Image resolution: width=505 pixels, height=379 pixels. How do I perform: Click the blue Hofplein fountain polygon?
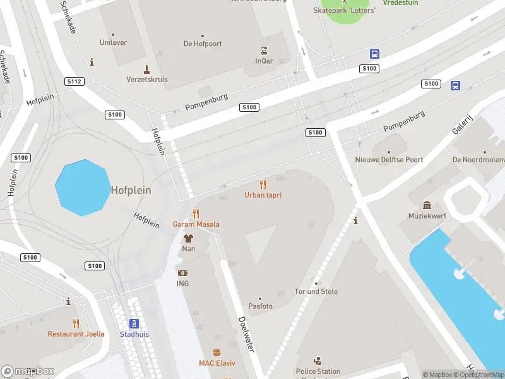tap(83, 188)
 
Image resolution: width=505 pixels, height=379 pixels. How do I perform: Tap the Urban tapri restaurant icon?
tap(263, 184)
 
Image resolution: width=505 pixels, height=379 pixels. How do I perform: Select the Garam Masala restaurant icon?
tap(196, 214)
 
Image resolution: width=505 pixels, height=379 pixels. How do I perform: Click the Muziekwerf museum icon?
tap(427, 205)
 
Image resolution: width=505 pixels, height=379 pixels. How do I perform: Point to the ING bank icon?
tap(182, 273)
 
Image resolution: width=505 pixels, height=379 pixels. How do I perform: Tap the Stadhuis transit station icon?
tap(134, 323)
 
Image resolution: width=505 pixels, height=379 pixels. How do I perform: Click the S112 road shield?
tap(74, 81)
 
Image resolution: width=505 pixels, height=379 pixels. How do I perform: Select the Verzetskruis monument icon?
tap(146, 69)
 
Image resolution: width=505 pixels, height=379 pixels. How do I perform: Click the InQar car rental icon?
tap(264, 51)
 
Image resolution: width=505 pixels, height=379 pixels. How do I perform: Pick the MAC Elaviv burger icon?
tap(217, 352)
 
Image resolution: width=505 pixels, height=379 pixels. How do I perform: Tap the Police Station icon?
tap(318, 361)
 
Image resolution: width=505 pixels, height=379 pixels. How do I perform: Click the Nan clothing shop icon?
tap(188, 238)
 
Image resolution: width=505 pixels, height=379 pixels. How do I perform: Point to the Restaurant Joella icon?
tap(76, 323)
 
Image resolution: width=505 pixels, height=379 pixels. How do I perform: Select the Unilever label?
tap(113, 43)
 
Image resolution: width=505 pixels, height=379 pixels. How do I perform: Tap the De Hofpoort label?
tap(202, 44)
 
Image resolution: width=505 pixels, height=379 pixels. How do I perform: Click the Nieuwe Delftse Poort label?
tap(389, 160)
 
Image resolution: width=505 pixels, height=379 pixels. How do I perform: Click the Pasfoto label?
tap(259, 306)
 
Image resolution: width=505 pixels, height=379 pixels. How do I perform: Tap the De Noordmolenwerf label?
tap(478, 160)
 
